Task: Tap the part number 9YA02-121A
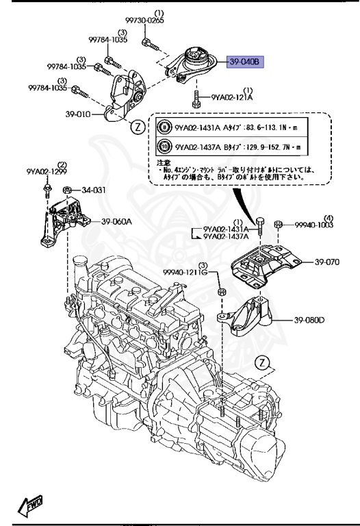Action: point(231,98)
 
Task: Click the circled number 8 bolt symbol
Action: point(164,127)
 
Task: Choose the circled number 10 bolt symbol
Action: point(164,146)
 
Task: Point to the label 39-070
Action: point(327,262)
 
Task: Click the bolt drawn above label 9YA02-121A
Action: point(196,98)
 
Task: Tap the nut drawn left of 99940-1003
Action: point(279,225)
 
